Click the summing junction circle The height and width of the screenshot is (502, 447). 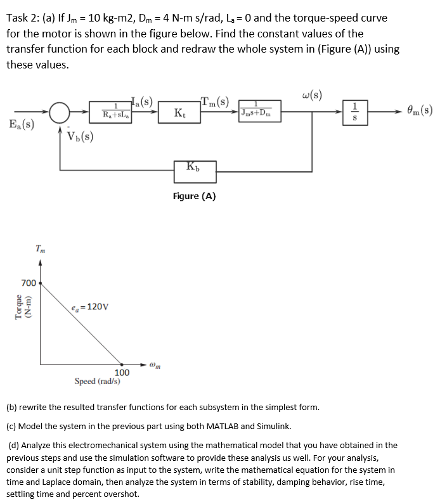click(60, 113)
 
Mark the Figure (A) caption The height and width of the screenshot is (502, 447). click(194, 196)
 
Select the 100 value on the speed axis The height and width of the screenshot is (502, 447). click(122, 372)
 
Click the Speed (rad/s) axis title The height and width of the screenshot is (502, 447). click(97, 382)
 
